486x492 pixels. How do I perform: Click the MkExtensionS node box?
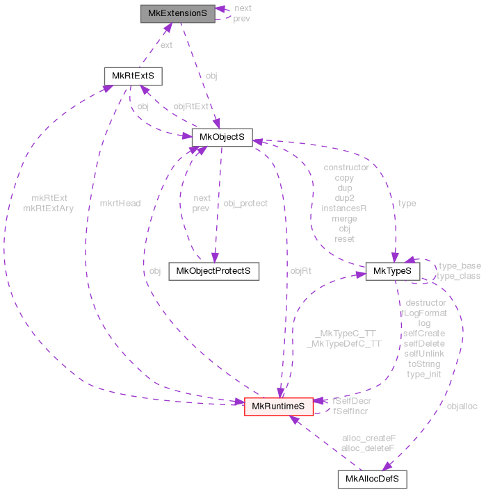tap(177, 13)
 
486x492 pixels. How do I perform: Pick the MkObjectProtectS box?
tap(213, 270)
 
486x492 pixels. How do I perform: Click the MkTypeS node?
tap(393, 270)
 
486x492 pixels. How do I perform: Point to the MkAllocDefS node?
tap(372, 479)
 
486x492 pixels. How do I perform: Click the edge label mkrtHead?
tap(120, 204)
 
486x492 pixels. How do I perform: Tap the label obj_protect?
tap(245, 204)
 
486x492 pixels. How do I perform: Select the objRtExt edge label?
tap(191, 106)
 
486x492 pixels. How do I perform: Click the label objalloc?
tap(462, 405)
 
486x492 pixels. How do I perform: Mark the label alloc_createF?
tap(368, 438)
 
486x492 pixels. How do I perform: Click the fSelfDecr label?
tap(352, 401)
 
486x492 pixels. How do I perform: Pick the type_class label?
tap(459, 276)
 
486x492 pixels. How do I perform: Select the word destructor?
tap(425, 303)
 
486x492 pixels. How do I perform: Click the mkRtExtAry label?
tap(49, 207)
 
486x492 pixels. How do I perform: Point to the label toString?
tap(424, 363)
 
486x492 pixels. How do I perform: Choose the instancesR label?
tap(344, 208)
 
